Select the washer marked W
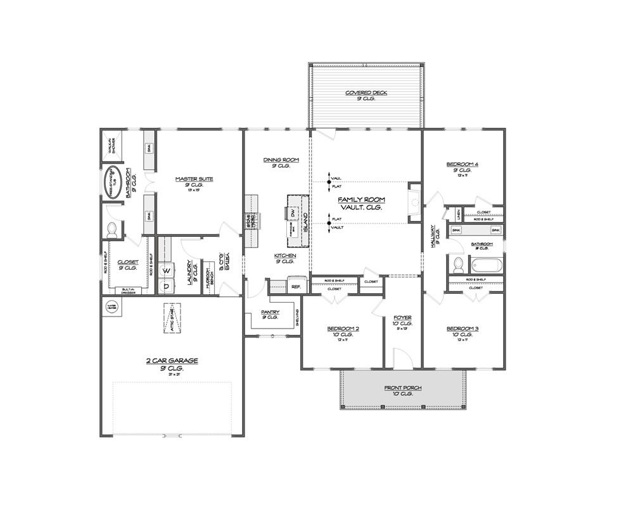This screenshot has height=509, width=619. pos(167,271)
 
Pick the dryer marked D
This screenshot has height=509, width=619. pos(167,286)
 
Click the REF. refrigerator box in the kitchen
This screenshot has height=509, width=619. pos(295,286)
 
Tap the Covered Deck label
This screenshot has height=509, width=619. pos(366,93)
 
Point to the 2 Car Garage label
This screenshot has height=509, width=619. pos(172,360)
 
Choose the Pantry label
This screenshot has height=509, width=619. pos(271,312)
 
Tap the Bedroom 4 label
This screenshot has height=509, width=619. pos(463,165)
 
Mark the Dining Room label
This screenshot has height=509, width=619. pos(281,160)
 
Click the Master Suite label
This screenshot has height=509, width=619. pos(194,179)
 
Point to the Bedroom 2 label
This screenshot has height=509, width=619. pos(343,329)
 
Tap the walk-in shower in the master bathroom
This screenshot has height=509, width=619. pos(112,148)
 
